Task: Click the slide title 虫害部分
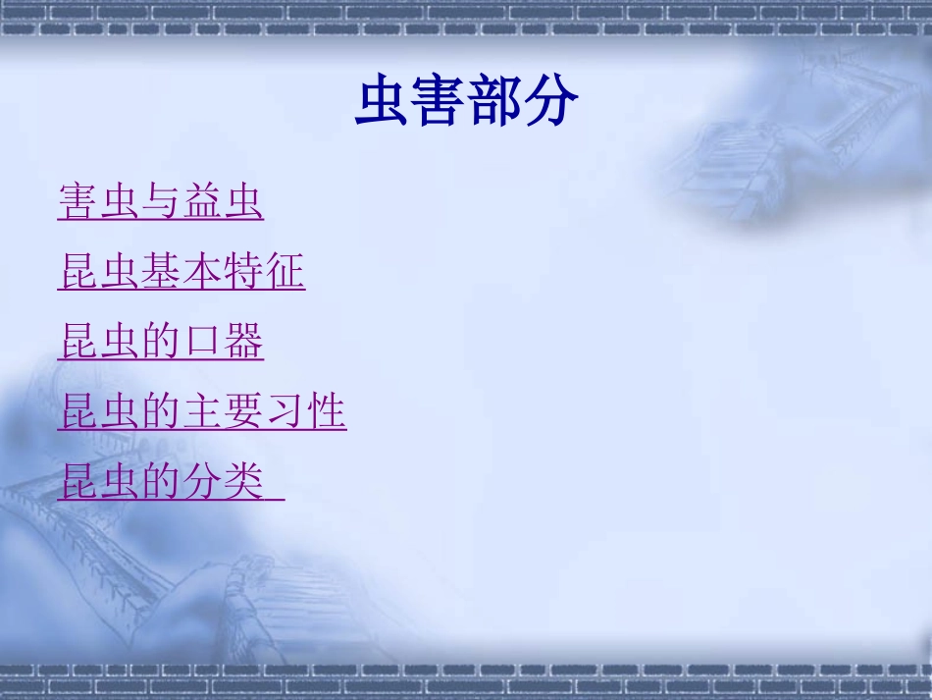(x=466, y=102)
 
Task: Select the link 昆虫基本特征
(x=181, y=272)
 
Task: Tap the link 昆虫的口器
(x=161, y=342)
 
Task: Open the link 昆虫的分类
(x=162, y=482)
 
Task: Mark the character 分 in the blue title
(x=551, y=102)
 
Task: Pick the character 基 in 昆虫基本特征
(x=161, y=272)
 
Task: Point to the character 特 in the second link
(x=243, y=272)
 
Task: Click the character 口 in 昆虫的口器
(x=202, y=342)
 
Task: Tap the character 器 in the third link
(x=243, y=342)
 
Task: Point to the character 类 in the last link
(x=243, y=482)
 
